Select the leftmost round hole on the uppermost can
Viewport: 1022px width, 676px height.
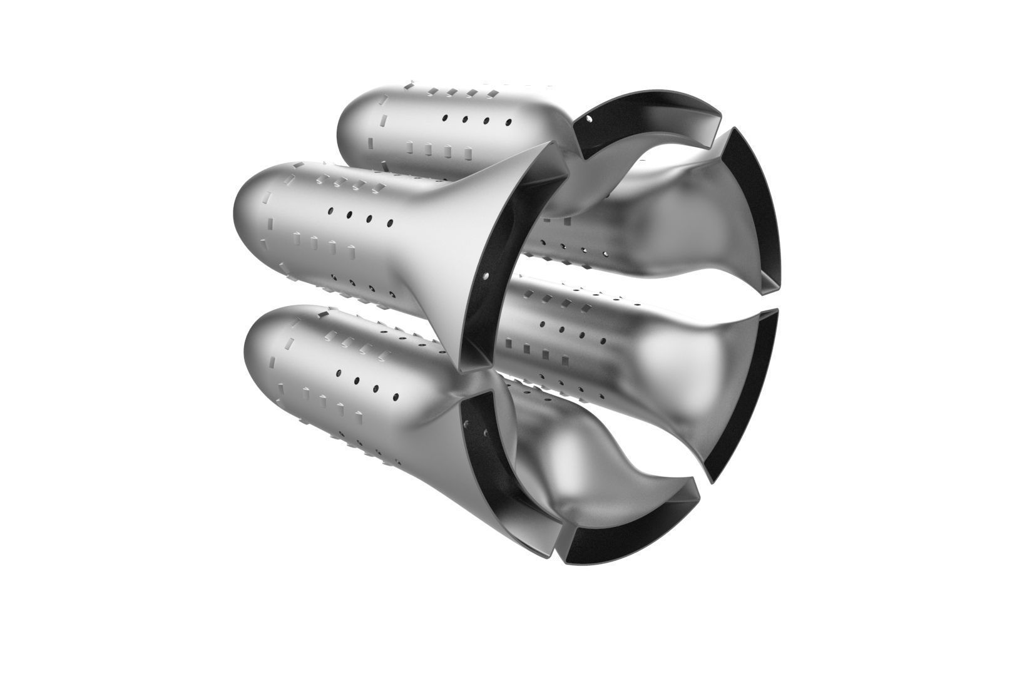[x=444, y=117]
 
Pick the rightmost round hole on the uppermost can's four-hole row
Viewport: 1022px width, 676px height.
[x=508, y=122]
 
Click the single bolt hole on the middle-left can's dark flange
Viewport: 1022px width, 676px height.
[x=486, y=274]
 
